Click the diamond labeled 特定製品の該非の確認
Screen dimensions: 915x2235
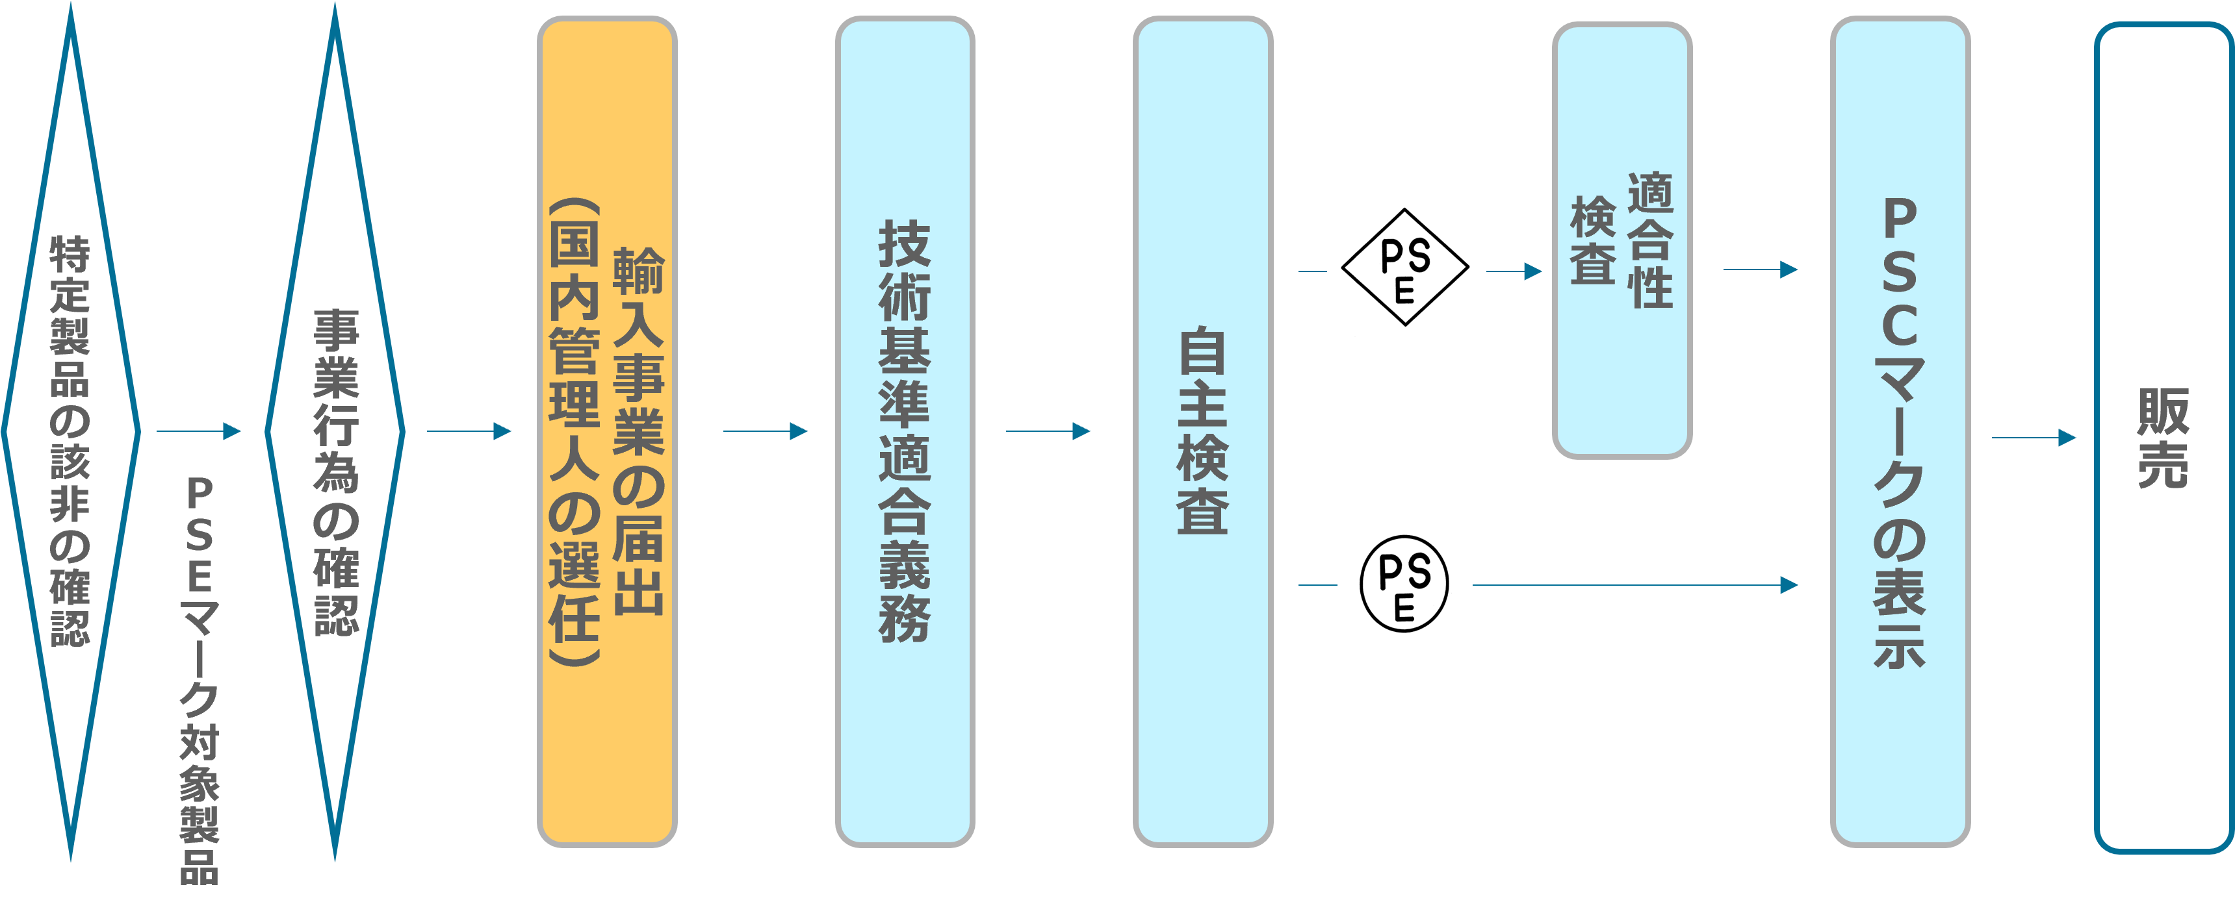pos(70,432)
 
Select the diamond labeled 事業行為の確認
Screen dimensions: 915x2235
pos(335,432)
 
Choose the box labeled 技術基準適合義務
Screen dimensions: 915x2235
pos(905,432)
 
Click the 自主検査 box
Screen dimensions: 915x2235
pos(1202,432)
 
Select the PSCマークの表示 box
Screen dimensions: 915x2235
pos(1900,432)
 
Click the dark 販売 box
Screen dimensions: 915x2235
pos(2163,438)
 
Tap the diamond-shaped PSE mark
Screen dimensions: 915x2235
pos(1406,268)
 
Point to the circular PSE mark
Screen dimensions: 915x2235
pos(1404,584)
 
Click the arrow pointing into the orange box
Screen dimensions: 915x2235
pos(469,431)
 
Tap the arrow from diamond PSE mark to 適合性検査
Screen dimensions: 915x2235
pos(1515,271)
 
